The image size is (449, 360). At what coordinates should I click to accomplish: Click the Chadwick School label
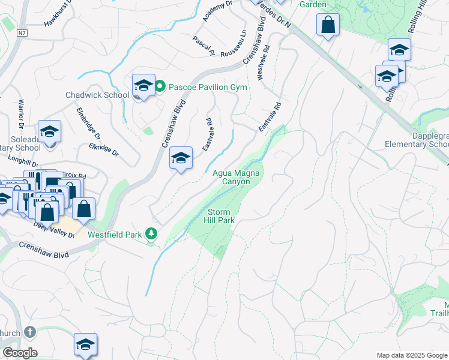(x=97, y=95)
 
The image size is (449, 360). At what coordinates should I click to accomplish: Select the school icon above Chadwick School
(x=143, y=85)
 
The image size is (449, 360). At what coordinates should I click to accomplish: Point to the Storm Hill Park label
(x=220, y=216)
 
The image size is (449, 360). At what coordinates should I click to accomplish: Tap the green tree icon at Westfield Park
(x=152, y=233)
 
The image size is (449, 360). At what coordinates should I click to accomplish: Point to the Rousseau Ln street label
(x=234, y=41)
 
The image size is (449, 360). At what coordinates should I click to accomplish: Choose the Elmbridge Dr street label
(x=88, y=122)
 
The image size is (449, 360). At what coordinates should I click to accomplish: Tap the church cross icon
(x=30, y=331)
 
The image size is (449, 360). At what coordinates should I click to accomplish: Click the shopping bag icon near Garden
(x=328, y=25)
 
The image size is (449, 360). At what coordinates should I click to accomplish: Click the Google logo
(x=20, y=353)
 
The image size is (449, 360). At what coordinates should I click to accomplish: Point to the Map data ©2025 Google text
(x=411, y=355)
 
